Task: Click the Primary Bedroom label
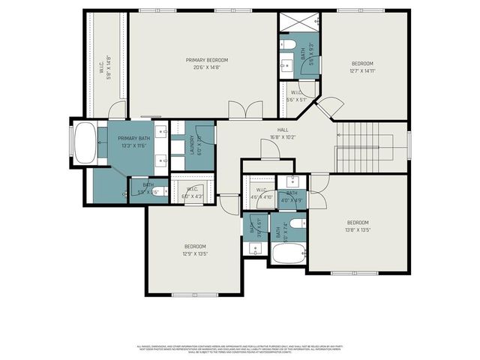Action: (x=207, y=60)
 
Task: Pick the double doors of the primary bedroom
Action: (x=244, y=111)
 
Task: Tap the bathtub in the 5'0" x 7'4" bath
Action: (x=288, y=253)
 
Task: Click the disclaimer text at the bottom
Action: (x=240, y=349)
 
